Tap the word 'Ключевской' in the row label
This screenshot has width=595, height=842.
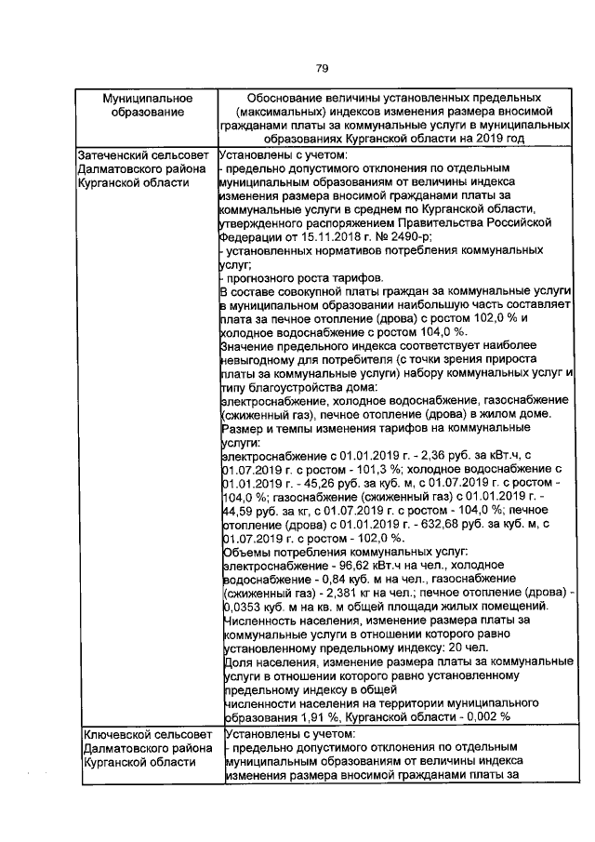(115, 734)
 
